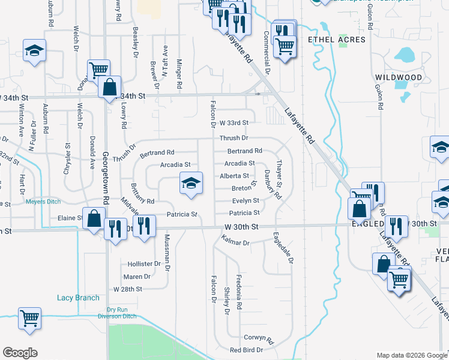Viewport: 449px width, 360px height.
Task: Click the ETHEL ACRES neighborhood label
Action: [336, 40]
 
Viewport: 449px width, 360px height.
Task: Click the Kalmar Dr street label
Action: [235, 243]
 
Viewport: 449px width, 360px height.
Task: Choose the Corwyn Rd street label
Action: [258, 338]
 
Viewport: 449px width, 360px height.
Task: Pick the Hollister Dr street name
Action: [144, 263]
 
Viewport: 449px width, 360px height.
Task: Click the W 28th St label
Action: [127, 289]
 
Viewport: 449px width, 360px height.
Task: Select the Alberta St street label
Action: [235, 176]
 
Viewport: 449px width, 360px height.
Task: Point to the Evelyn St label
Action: [245, 201]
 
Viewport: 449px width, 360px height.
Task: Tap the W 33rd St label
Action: [234, 122]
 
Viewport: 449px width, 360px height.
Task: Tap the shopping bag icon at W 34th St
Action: [110, 87]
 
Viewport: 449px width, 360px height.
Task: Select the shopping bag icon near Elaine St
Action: [94, 218]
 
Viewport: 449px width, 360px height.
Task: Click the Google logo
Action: [20, 353]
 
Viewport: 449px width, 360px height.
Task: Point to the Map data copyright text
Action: [411, 355]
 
